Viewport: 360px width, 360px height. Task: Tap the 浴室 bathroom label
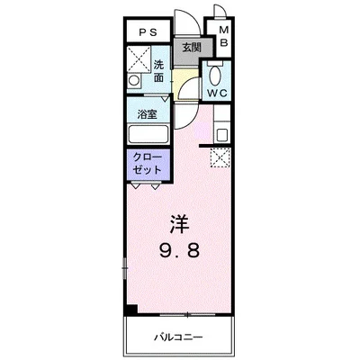click(x=148, y=115)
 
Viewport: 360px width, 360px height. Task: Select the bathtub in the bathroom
click(x=148, y=134)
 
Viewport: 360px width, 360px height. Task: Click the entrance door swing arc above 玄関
click(x=184, y=22)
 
